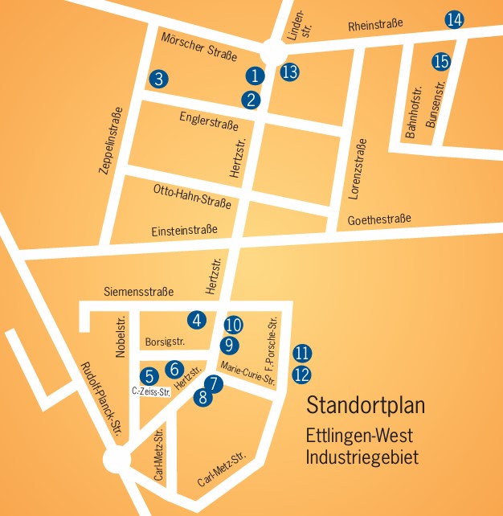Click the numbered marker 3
pyautogui.click(x=159, y=79)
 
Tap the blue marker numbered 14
pyautogui.click(x=455, y=20)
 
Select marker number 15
pyautogui.click(x=440, y=60)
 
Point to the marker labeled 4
pyautogui.click(x=197, y=319)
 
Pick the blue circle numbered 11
pyautogui.click(x=302, y=353)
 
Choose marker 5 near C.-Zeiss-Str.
pyautogui.click(x=149, y=375)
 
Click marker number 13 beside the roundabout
pyautogui.click(x=290, y=72)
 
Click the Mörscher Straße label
pyautogui.click(x=198, y=47)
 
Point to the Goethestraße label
pyautogui.click(x=379, y=219)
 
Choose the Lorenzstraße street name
pyautogui.click(x=358, y=170)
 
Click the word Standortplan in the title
pyautogui.click(x=366, y=405)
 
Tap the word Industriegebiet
pyautogui.click(x=362, y=458)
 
